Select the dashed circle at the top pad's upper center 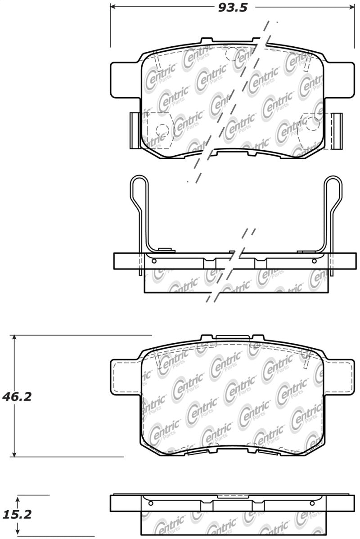click(x=231, y=54)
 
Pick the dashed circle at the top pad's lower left click(x=162, y=130)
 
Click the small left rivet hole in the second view click(x=154, y=261)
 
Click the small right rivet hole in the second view click(x=314, y=261)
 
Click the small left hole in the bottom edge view click(x=151, y=503)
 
